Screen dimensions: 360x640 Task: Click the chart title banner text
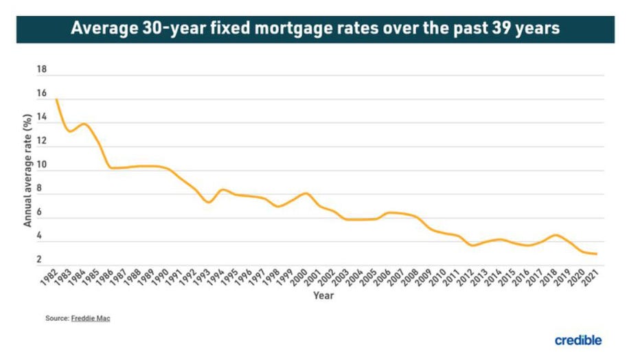pyautogui.click(x=315, y=30)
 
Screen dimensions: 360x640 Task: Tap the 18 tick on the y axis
pyautogui.click(x=42, y=70)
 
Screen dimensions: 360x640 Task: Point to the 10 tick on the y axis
pyautogui.click(x=42, y=165)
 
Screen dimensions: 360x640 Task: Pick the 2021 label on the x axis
pyautogui.click(x=590, y=278)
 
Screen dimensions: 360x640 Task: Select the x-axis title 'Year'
pyautogui.click(x=323, y=296)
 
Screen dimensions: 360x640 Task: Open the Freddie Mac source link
pyautogui.click(x=91, y=319)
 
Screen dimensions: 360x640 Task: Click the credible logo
pyautogui.click(x=578, y=340)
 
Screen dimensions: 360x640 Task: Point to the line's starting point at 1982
pyautogui.click(x=55, y=100)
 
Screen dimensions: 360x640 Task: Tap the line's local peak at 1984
pyautogui.click(x=84, y=124)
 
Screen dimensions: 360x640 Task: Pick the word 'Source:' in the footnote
pyautogui.click(x=57, y=319)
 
